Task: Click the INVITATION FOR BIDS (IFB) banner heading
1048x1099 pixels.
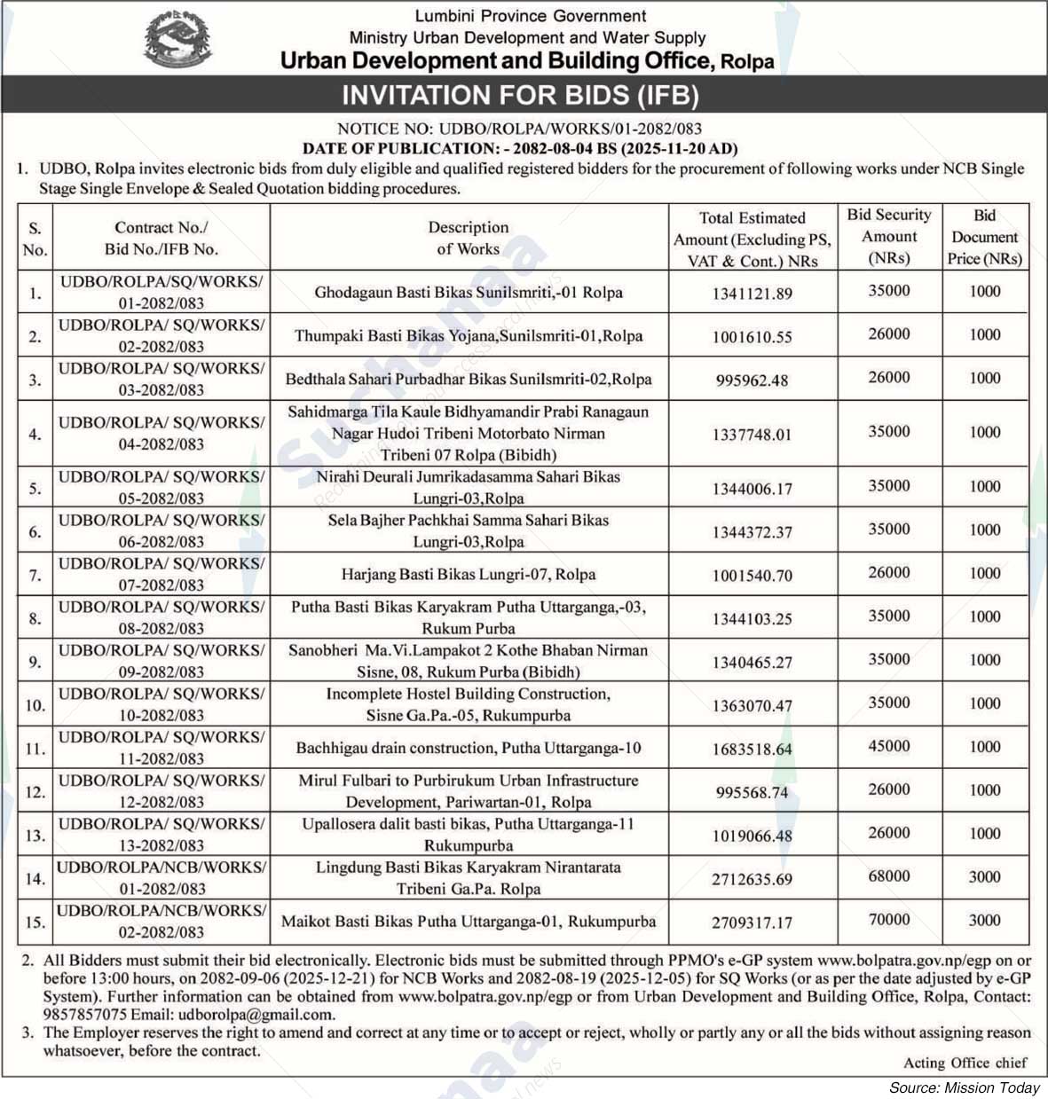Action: [521, 95]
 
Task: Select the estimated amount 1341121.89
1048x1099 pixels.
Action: [752, 293]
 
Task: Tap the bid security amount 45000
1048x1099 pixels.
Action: [888, 746]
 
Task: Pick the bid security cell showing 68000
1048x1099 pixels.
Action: [888, 876]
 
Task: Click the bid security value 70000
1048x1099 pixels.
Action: [888, 920]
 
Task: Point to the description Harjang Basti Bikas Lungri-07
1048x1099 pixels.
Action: [468, 575]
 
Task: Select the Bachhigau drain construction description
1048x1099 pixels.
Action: [468, 749]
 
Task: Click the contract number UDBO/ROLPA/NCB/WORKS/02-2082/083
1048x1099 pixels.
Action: [161, 922]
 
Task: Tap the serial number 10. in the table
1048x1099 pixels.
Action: [35, 705]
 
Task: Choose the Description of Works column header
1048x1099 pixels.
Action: [468, 238]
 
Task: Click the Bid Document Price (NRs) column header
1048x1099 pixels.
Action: [984, 237]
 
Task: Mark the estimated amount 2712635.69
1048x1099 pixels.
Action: [752, 880]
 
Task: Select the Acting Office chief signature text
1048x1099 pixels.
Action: [965, 1062]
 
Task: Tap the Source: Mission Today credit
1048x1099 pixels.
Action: [965, 1088]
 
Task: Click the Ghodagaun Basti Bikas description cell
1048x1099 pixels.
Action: [468, 292]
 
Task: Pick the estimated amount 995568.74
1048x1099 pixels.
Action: [752, 792]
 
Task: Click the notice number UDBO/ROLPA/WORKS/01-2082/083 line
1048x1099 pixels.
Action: [520, 129]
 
